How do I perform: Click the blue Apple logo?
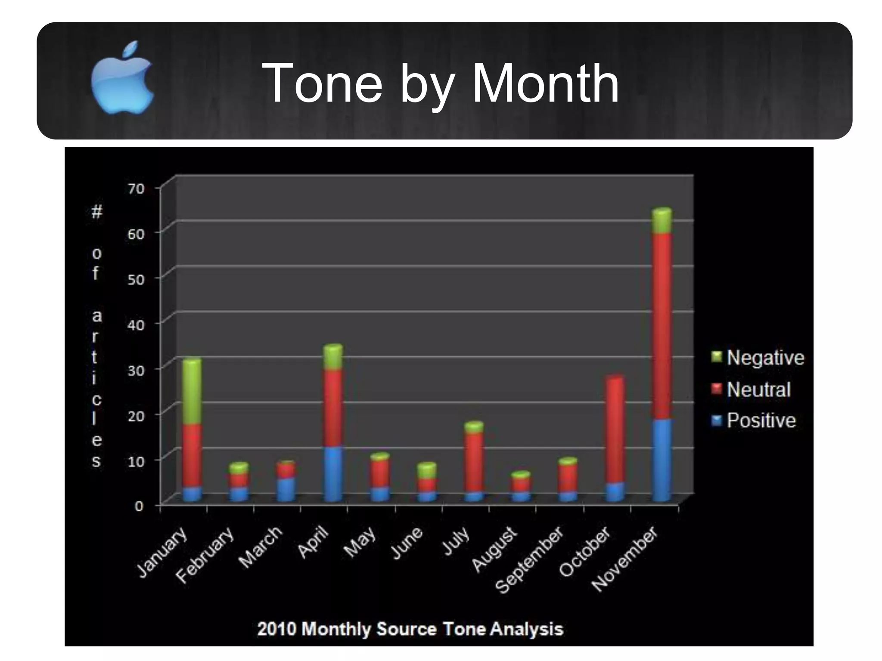(122, 78)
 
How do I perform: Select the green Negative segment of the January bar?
(192, 392)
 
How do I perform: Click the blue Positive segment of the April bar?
(333, 473)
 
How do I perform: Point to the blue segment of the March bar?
(286, 489)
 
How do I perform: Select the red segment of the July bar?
(474, 462)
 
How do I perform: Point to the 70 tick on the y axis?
(136, 189)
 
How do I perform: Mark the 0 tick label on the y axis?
(139, 506)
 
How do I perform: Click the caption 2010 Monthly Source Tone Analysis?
(410, 629)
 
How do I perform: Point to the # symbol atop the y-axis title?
(97, 212)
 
